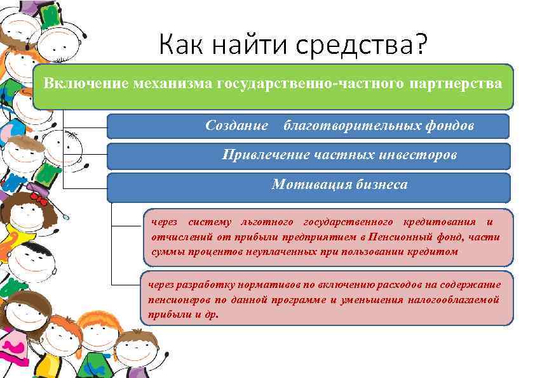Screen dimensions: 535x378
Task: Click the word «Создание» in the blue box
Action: point(237,126)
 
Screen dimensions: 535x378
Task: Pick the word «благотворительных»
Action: point(350,126)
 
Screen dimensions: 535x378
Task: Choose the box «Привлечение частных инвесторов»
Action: point(308,155)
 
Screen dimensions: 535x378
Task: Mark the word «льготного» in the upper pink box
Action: point(267,222)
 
